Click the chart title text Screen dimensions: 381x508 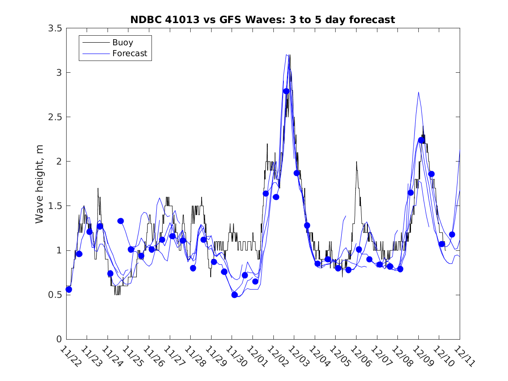click(x=262, y=20)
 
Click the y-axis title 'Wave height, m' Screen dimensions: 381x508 click(x=40, y=183)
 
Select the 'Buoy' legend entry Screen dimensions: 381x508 click(x=122, y=43)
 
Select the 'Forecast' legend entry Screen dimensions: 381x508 click(x=129, y=54)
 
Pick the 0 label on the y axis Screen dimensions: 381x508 click(x=59, y=339)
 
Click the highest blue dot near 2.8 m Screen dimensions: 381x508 click(x=286, y=91)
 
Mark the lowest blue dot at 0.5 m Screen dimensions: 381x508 click(x=235, y=295)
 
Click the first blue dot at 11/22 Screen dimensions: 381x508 click(x=69, y=289)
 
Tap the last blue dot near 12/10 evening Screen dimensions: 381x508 click(x=452, y=234)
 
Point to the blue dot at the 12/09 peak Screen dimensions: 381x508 click(x=421, y=140)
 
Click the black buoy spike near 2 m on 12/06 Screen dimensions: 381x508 click(x=357, y=162)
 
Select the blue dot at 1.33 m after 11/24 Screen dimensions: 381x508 click(x=121, y=221)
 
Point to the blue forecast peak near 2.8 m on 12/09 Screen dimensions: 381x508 click(x=418, y=92)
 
